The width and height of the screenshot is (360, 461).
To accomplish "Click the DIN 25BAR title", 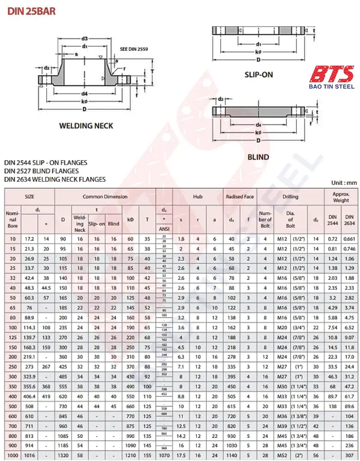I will click(32, 11).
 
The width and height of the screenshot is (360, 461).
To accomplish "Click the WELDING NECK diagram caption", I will click(86, 126).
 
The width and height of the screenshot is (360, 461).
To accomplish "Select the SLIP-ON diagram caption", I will click(258, 75).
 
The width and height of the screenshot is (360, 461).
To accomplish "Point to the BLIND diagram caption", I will click(258, 157).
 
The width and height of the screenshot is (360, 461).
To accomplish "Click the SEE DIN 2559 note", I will click(133, 49).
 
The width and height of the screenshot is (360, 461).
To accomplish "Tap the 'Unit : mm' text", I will click(344, 183).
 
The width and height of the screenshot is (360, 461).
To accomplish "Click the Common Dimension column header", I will click(105, 197).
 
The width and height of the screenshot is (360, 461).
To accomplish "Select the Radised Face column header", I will click(240, 197).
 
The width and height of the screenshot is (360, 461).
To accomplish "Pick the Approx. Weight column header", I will click(341, 197).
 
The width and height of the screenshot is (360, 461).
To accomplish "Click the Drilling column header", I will click(290, 197).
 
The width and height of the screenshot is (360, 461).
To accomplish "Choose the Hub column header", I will click(197, 197).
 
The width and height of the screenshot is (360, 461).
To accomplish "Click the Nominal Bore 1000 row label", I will click(12, 455).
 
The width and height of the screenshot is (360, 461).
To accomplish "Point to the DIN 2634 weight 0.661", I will click(349, 238).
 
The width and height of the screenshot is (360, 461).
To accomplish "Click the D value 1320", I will click(63, 455).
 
